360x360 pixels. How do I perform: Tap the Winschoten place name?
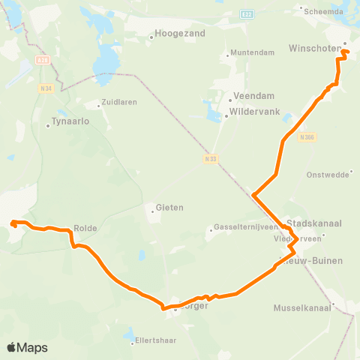point(314,49)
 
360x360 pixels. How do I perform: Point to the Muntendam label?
point(250,54)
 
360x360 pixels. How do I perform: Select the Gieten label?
point(169,208)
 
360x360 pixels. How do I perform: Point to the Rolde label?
point(85,227)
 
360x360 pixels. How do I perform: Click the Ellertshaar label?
point(155,340)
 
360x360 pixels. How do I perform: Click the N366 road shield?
point(305,137)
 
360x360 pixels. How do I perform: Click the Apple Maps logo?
point(27,347)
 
